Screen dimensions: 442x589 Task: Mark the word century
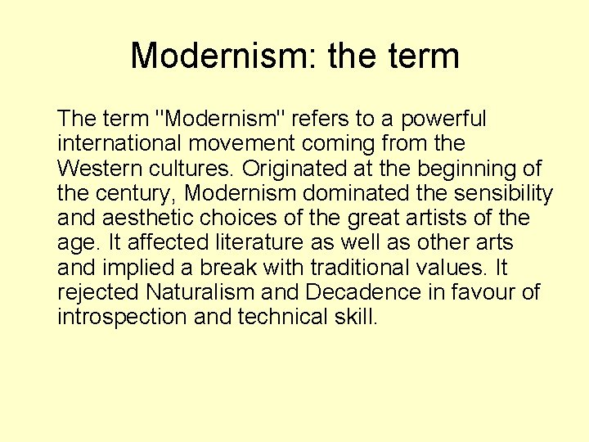pos(135,194)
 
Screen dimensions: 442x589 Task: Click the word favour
pos(479,293)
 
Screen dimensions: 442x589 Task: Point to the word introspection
pos(123,318)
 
